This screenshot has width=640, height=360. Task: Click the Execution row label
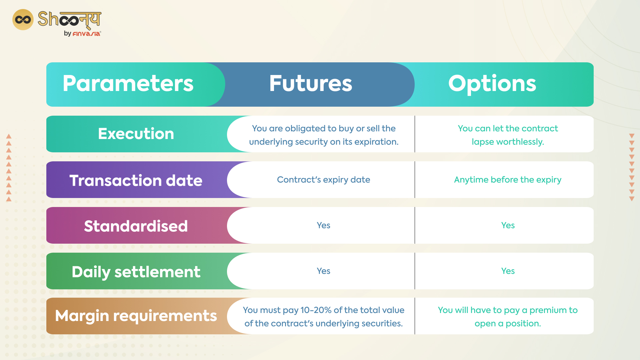(136, 134)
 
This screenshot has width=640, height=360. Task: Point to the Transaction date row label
(136, 180)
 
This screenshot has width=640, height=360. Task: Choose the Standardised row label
(136, 226)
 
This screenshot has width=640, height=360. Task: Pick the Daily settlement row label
(136, 272)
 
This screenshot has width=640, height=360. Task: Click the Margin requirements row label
(136, 316)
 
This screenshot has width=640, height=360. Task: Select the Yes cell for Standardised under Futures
(323, 225)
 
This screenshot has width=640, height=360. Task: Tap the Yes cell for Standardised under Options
(508, 225)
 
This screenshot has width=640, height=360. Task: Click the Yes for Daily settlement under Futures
(323, 271)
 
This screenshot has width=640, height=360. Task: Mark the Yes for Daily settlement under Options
(508, 271)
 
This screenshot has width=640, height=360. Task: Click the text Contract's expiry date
(323, 180)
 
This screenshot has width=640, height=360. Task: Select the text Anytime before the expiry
(508, 180)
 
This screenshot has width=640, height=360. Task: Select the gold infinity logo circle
(23, 20)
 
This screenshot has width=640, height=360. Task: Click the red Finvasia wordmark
(86, 34)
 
